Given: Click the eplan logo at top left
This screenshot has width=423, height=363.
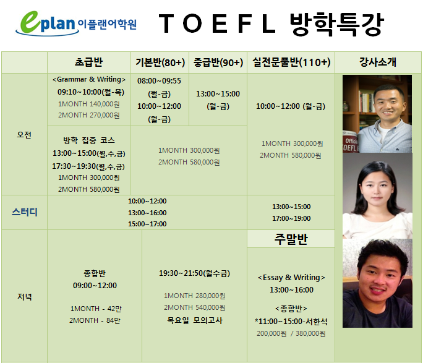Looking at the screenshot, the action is click(x=76, y=23).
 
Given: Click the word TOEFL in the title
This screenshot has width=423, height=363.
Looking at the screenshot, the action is click(x=218, y=23).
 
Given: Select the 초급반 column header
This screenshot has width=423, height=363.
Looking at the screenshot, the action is click(x=89, y=62).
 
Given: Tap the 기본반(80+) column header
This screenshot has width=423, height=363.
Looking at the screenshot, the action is click(x=160, y=62).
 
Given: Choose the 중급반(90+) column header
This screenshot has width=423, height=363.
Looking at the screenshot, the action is click(x=218, y=62).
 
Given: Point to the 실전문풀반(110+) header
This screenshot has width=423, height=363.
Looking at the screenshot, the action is click(x=291, y=62).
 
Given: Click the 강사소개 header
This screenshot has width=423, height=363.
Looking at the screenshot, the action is click(x=378, y=62).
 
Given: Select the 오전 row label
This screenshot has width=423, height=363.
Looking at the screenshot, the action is click(x=24, y=135).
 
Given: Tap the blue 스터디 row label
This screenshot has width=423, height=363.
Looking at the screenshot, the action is click(x=25, y=212).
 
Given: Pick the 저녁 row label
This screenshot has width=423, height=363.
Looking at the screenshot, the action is click(x=25, y=297).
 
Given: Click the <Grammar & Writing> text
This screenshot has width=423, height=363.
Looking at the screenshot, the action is click(x=89, y=79).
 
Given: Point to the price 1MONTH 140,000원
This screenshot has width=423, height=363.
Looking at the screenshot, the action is click(x=89, y=104).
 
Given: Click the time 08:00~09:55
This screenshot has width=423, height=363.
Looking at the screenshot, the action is click(x=159, y=81).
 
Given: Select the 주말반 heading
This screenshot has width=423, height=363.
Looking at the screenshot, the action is click(x=291, y=239).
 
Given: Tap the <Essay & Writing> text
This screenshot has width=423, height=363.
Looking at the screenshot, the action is click(x=291, y=278).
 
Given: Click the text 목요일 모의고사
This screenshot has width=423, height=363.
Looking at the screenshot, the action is click(x=195, y=320).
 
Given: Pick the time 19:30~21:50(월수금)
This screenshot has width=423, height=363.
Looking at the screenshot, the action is click(x=195, y=273).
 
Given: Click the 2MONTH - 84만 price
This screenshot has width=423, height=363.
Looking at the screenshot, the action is click(x=95, y=320).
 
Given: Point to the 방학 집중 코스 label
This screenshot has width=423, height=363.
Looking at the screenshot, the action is click(x=89, y=140).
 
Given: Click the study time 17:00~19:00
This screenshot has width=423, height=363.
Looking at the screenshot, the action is click(x=291, y=218).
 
